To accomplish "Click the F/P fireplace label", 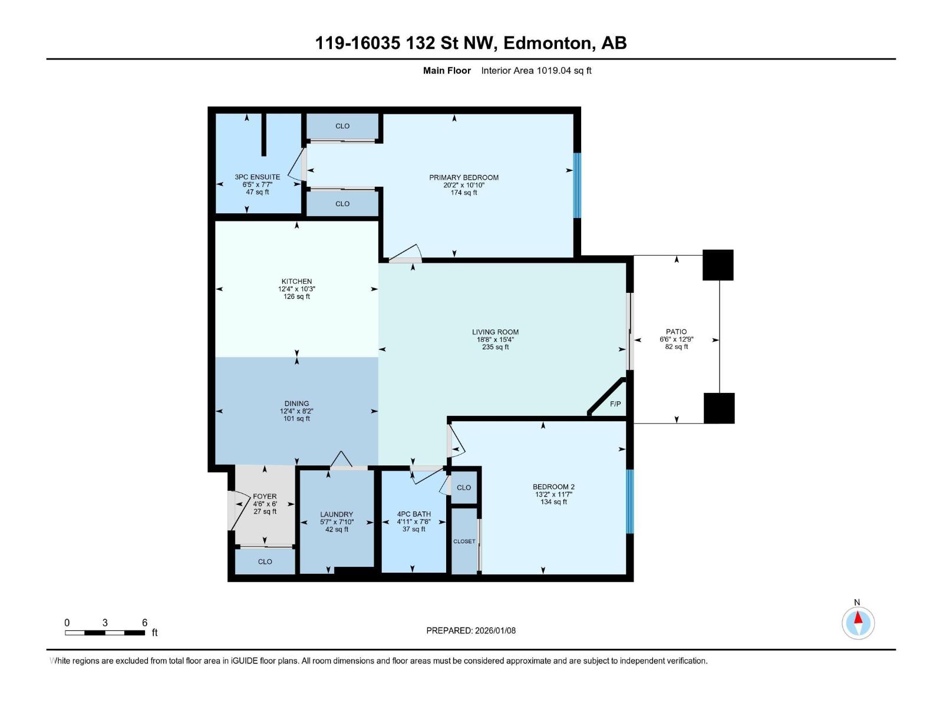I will coord(615,404).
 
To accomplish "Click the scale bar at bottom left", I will coord(105,633).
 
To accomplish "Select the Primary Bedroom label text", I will coord(464,177).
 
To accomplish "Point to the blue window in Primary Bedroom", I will coord(577,186).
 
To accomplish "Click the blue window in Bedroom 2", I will coord(629,501).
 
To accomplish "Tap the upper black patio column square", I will coord(718,265).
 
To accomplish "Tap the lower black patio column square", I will coord(719,408).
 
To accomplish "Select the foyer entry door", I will coord(235,510).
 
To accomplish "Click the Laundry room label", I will coord(337,514).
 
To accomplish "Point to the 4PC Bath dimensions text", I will coord(414,521).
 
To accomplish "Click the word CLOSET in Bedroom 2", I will coord(464,541).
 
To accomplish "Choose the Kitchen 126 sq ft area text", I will coord(296,297).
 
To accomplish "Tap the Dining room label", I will coord(296,404).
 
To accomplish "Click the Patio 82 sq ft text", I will coord(677,347).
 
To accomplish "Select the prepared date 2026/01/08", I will coord(494,630).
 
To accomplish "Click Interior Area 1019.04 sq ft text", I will coord(536,71).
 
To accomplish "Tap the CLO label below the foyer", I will coord(265,561).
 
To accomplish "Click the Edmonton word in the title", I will coord(548,43).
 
